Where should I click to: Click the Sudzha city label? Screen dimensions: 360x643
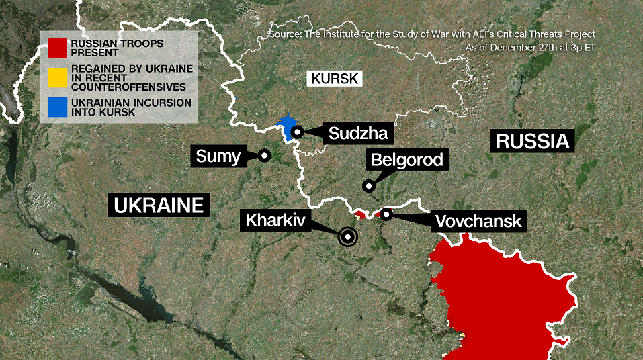pos(358,133)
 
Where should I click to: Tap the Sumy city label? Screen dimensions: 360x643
pos(218,157)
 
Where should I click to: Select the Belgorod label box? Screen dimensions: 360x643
pos(406,160)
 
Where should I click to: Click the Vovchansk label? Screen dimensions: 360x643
pos(478,221)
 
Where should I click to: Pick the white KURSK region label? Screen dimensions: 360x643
pos(335,79)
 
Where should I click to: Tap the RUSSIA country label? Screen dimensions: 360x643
pos(532,141)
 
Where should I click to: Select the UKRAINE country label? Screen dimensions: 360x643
pos(159,205)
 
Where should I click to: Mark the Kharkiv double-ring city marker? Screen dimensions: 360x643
pos(347,236)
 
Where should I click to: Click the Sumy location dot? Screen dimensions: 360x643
pos(264,155)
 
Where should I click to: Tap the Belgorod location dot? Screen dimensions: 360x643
pos(368,185)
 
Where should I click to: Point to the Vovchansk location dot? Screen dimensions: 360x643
pos(386,214)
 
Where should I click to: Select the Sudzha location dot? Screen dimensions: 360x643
pos(296,132)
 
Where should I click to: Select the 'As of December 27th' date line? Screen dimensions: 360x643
pos(530,48)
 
